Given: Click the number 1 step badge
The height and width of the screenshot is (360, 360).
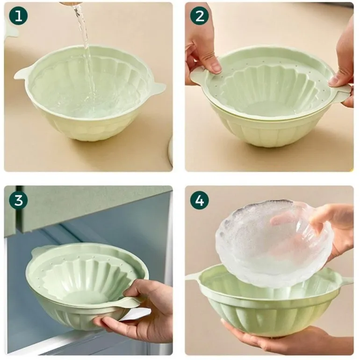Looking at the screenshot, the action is point(18,16).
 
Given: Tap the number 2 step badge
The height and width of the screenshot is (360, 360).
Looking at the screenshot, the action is point(200,16).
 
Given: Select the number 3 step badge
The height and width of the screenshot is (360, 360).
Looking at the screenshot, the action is point(18,200).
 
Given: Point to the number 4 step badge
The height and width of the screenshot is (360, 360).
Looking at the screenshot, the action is point(200,200).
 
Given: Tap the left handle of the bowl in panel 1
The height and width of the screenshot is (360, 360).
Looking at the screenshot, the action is point(22,72).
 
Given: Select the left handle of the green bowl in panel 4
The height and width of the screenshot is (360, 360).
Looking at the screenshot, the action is point(193,276).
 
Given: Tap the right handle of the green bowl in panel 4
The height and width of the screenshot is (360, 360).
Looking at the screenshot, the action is point(347,280).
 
